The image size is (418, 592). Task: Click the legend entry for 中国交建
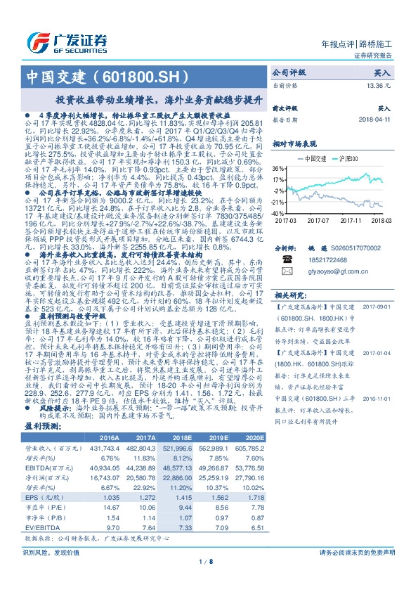(311, 159)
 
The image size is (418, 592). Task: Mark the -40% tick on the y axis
(278, 212)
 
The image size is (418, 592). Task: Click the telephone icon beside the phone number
(286, 259)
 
